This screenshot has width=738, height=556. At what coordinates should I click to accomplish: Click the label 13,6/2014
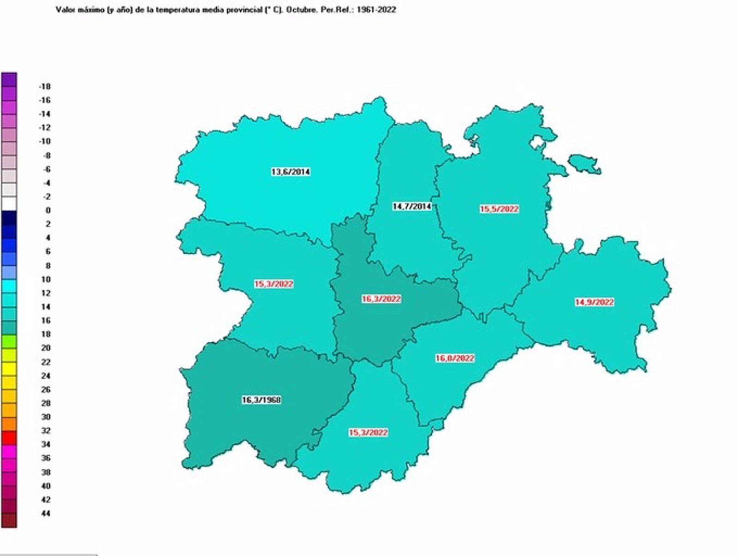pos(290,172)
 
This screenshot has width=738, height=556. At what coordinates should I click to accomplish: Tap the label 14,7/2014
pos(411,206)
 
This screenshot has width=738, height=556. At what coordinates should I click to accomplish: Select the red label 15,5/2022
pos(499,209)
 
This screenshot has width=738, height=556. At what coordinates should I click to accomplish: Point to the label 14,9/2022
pos(594,302)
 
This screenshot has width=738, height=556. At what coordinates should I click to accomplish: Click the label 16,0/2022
pos(455,359)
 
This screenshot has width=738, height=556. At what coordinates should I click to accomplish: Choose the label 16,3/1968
pos(261,400)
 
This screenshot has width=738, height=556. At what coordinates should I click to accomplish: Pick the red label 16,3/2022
pos(381,299)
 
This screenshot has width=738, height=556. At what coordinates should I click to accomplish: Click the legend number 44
pos(46,514)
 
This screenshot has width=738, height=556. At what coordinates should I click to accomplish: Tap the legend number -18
pos(44,86)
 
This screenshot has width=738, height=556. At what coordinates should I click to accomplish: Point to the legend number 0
pos(48,210)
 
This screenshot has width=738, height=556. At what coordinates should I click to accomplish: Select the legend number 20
pos(46,348)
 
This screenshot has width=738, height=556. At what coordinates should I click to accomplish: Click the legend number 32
pos(46,430)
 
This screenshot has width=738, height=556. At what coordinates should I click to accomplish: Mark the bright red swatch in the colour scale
pos(9,437)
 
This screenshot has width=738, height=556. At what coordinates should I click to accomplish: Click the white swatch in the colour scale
pos(9,203)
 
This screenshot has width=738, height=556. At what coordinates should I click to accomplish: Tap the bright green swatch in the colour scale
pos(9,341)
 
